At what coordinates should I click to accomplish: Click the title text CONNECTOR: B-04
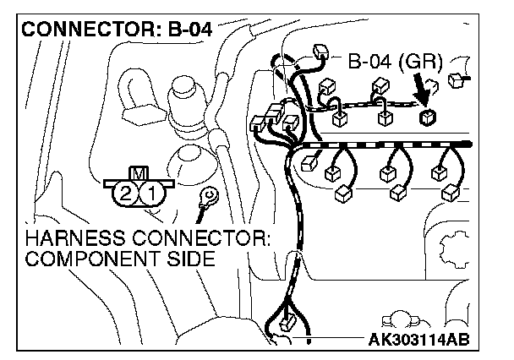(115, 28)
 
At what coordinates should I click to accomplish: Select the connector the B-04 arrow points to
(428, 116)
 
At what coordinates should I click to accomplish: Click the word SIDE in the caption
(184, 258)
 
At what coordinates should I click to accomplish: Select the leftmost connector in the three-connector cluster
(260, 125)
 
